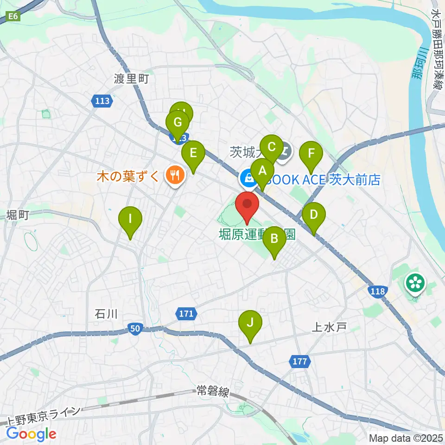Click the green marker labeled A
click(262, 171)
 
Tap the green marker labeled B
click(274, 239)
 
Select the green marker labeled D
click(314, 215)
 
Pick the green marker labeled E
click(193, 153)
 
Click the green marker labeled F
click(311, 153)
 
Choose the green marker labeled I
click(130, 219)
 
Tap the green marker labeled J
click(250, 323)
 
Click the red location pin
click(247, 205)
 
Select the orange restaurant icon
click(175, 176)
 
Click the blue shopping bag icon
click(248, 177)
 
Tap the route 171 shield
click(186, 314)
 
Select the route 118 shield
click(377, 291)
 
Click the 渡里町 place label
click(131, 79)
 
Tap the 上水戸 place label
click(329, 328)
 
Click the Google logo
click(32, 434)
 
